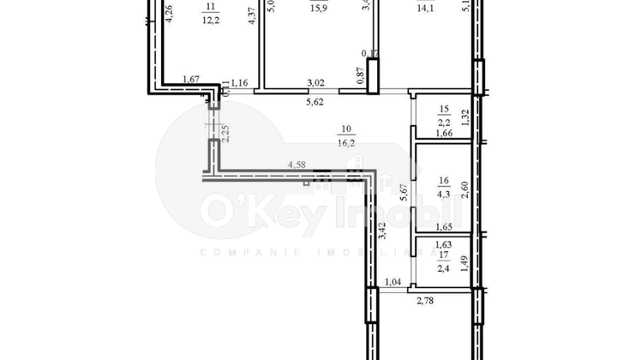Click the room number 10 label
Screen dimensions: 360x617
point(346,130)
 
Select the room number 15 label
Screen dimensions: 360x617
point(444,110)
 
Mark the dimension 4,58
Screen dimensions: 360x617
point(297,163)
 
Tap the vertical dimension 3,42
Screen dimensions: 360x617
point(382,231)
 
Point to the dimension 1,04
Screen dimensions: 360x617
point(392,282)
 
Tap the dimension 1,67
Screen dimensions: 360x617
point(191,81)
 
